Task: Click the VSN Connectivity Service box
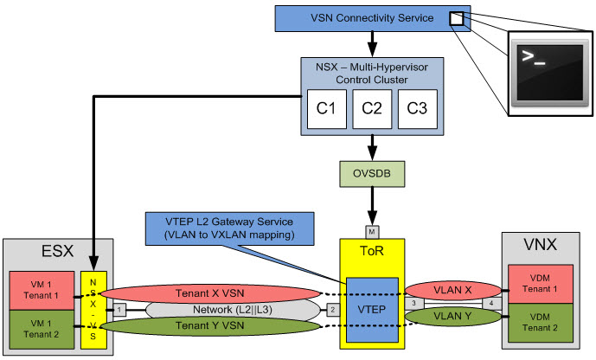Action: pyautogui.click(x=373, y=18)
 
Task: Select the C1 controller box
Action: pyautogui.click(x=326, y=109)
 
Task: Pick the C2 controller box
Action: pyautogui.click(x=372, y=109)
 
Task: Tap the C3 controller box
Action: pyautogui.click(x=417, y=109)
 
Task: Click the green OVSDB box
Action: pyautogui.click(x=372, y=174)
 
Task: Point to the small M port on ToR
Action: pyautogui.click(x=372, y=232)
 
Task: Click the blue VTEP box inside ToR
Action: pyautogui.click(x=372, y=310)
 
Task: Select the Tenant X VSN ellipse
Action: pyautogui.click(x=210, y=293)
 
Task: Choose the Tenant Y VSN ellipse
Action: pyautogui.click(x=210, y=325)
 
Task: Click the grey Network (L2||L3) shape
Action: pyautogui.click(x=233, y=310)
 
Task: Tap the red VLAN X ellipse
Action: pyautogui.click(x=452, y=291)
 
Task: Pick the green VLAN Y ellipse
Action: pyautogui.click(x=452, y=316)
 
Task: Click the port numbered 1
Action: pyautogui.click(x=119, y=310)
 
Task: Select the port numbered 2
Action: pyautogui.click(x=333, y=310)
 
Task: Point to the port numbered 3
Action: pyautogui.click(x=414, y=304)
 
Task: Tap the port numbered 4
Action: pyautogui.click(x=491, y=304)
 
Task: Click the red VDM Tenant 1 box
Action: pyautogui.click(x=541, y=284)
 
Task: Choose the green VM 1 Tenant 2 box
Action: pyautogui.click(x=42, y=329)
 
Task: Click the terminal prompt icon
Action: pyautogui.click(x=549, y=74)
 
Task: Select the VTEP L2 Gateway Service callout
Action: pyautogui.click(x=229, y=228)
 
